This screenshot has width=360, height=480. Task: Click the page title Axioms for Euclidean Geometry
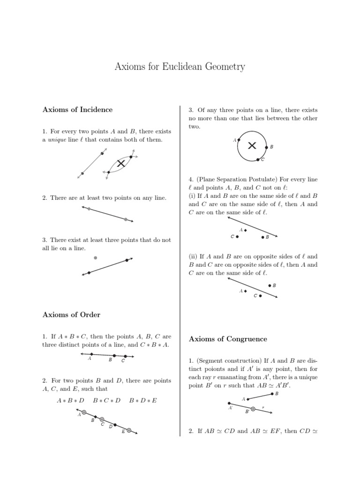click(x=180, y=67)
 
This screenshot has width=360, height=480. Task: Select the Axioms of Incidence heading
click(x=77, y=110)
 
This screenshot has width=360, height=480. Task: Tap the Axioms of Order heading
click(x=71, y=315)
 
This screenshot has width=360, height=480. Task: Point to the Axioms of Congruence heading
click(x=228, y=339)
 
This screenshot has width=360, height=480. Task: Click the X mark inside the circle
click(x=252, y=146)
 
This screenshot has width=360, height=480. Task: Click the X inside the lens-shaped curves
click(x=121, y=163)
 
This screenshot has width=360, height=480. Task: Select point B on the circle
click(x=267, y=147)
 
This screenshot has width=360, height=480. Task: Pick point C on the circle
click(x=258, y=159)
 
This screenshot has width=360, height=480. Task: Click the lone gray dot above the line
click(x=96, y=257)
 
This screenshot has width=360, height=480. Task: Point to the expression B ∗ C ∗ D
click(x=107, y=400)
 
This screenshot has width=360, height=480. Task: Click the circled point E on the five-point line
click(x=128, y=430)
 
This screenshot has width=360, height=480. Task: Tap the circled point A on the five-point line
click(x=84, y=412)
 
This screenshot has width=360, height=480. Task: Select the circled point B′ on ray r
click(x=253, y=409)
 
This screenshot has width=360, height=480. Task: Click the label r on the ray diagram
click(x=263, y=407)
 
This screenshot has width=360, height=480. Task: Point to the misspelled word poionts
click(x=204, y=369)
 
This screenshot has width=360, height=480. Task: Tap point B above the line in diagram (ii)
click(x=270, y=285)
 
